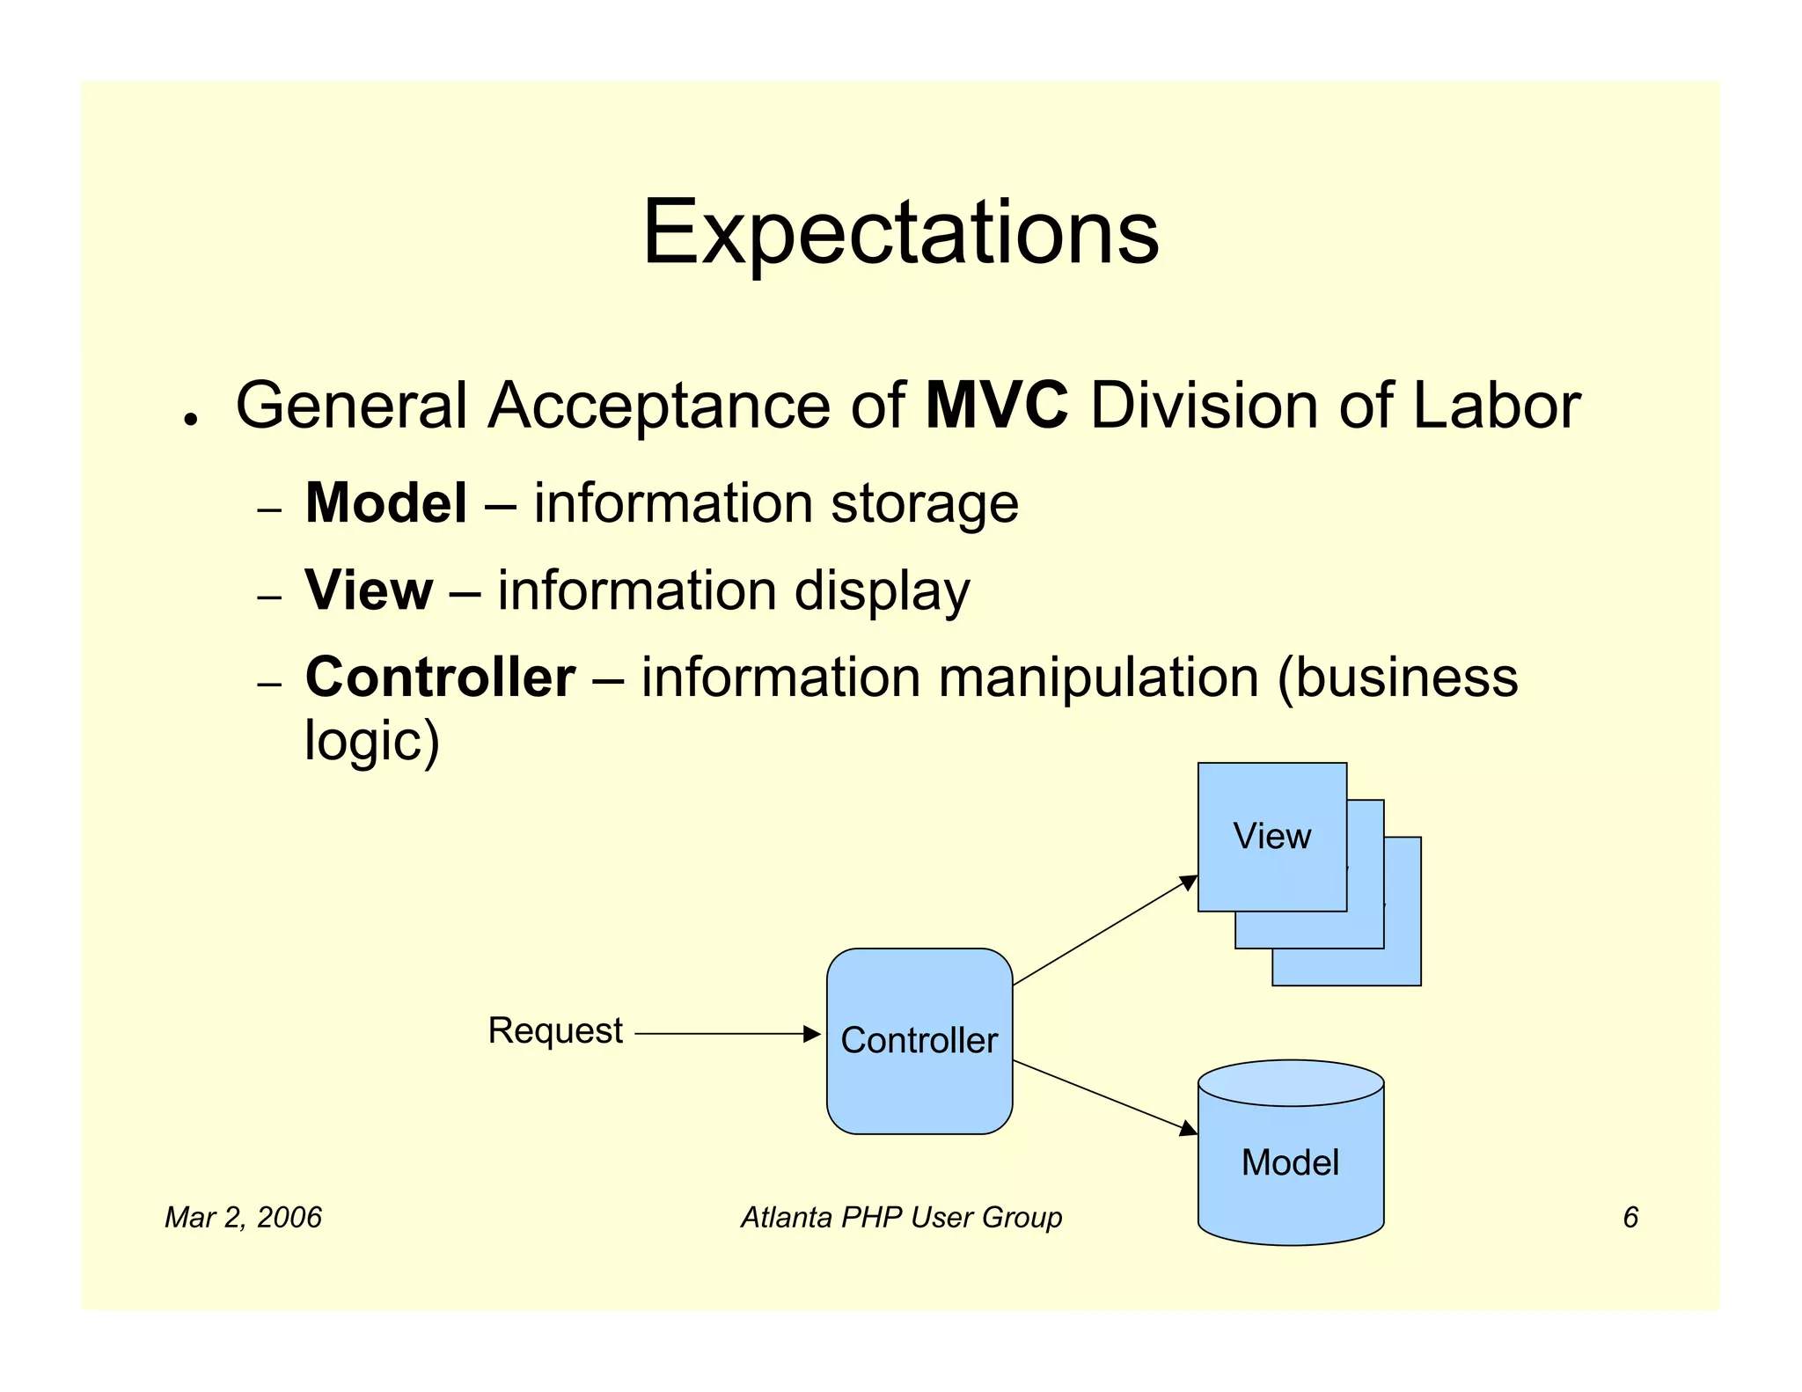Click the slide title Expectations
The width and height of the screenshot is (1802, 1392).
coord(901,232)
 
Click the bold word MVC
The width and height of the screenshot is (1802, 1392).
coord(997,406)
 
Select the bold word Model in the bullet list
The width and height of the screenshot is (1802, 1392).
coord(385,503)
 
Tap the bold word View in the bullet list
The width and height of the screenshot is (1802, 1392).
coord(369,590)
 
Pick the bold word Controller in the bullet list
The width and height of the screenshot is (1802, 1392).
coord(440,678)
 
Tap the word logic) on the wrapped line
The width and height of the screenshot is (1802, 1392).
coord(371,741)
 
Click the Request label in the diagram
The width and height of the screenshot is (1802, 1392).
coord(555,1030)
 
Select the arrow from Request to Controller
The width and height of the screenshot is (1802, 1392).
coord(726,1034)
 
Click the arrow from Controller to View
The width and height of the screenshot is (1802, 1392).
coord(1104,930)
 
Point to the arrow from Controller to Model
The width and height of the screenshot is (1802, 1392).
coord(1104,1096)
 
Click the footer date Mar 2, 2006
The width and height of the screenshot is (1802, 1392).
coord(243,1217)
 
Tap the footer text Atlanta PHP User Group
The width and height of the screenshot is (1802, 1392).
coord(901,1217)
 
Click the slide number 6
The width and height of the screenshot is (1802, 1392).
coord(1630,1217)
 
